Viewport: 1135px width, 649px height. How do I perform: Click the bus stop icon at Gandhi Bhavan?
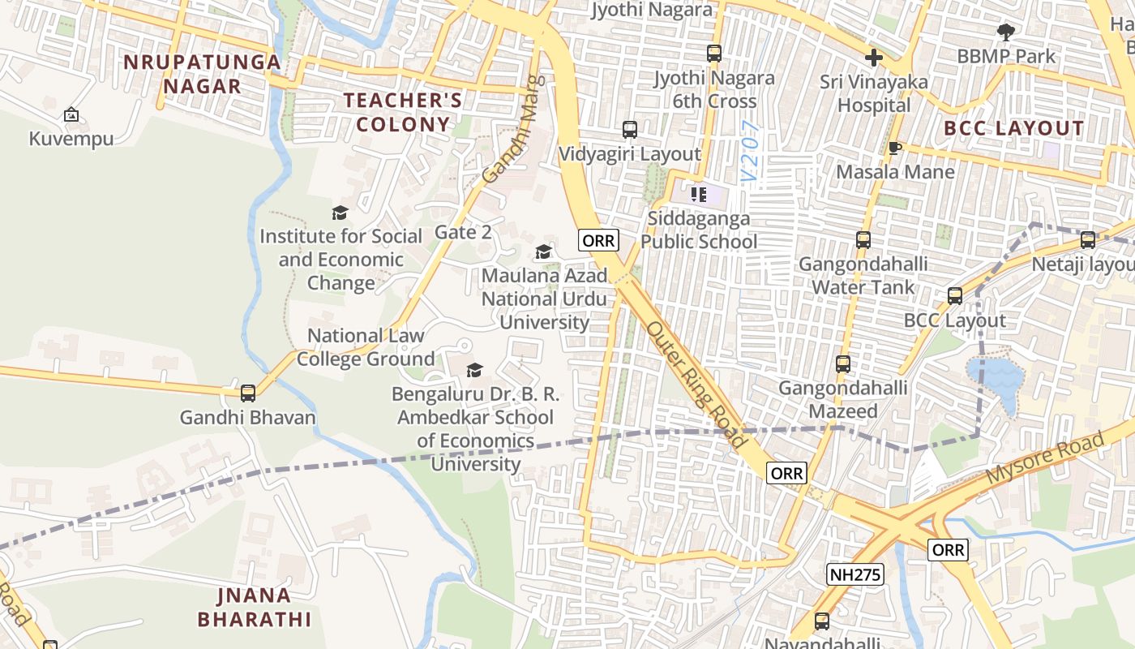tap(248, 393)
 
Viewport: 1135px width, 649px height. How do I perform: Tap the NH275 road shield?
tap(855, 575)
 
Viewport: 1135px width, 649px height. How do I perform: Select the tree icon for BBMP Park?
tap(1006, 32)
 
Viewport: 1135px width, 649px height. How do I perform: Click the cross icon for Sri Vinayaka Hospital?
tap(874, 58)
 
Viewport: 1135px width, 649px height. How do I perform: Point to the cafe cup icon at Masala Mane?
tap(895, 148)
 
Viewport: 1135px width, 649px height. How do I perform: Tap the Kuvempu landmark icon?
tap(71, 115)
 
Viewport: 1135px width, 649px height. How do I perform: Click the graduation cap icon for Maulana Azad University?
tap(544, 252)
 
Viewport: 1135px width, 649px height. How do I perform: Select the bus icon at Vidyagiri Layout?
tap(630, 130)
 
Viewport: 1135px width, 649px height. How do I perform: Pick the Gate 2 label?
tap(463, 232)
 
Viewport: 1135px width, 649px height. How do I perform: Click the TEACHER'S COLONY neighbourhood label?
tap(403, 112)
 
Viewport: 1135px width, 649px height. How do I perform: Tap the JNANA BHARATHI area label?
tap(254, 608)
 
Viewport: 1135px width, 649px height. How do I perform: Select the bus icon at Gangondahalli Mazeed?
tap(843, 364)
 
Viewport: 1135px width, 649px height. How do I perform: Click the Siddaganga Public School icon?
tap(699, 195)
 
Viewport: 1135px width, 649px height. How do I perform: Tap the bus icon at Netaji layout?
tap(1088, 240)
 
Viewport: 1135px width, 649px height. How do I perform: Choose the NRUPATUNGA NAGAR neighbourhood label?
tap(202, 74)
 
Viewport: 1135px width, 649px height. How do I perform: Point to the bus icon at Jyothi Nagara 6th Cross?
tap(714, 54)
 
